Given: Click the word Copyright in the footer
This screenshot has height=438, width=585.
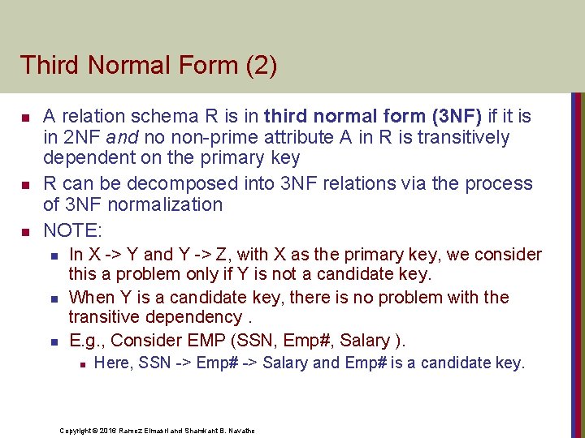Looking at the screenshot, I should tap(75, 430).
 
